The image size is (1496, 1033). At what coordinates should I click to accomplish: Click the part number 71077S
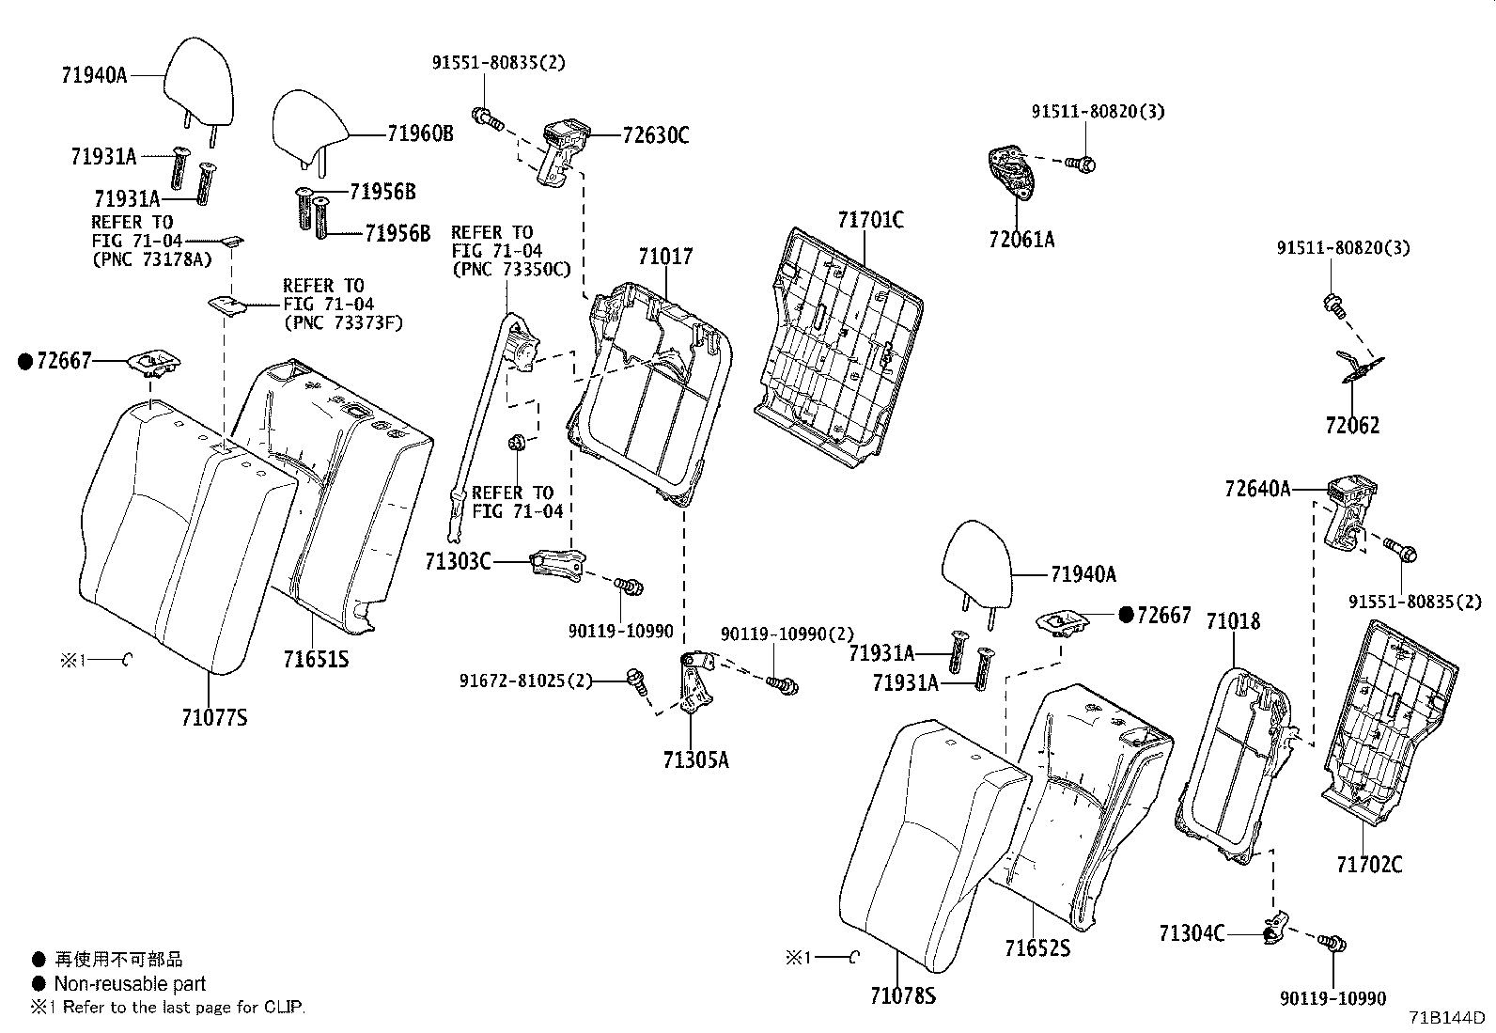coord(214,718)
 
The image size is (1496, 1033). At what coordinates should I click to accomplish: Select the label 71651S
coord(316,660)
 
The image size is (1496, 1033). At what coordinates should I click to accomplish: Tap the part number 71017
coord(665,256)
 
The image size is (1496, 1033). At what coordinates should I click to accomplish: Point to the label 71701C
coord(870,220)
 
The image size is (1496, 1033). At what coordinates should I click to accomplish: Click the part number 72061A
coord(1021,240)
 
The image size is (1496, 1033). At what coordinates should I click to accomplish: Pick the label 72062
coord(1352,426)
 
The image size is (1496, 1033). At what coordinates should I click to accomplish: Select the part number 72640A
coord(1257,489)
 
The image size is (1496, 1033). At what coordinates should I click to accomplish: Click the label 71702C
coord(1369,864)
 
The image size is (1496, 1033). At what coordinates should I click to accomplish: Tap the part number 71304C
coord(1191,933)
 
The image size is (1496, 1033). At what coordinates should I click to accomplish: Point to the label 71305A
coord(695,759)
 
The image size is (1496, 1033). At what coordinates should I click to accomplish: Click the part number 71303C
coord(458,562)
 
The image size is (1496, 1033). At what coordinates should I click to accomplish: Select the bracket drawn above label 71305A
coord(696,683)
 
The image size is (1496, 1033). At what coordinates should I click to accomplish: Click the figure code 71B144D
coord(1445,1018)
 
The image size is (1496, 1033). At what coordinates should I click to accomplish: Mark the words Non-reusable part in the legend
coord(130,984)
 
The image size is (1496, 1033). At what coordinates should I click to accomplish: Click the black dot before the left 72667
coord(25,361)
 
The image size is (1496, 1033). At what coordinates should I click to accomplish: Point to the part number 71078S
coord(902,995)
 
